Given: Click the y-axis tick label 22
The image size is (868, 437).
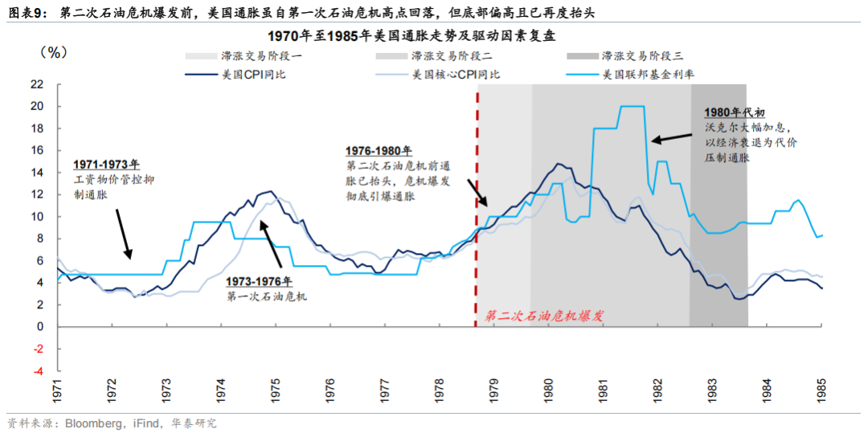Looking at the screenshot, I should coord(37,84).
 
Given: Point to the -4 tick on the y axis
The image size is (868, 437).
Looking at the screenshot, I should coord(37,371).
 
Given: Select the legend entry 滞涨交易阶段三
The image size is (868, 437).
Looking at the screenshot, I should coord(642,56).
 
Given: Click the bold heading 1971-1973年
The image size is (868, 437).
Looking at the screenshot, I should coord(105,165).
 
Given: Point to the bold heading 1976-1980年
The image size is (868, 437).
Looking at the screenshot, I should coord(379,150).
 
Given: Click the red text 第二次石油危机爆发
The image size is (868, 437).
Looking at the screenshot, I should coord(543,316).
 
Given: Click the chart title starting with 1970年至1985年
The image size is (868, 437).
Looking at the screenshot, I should coord(435,36).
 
